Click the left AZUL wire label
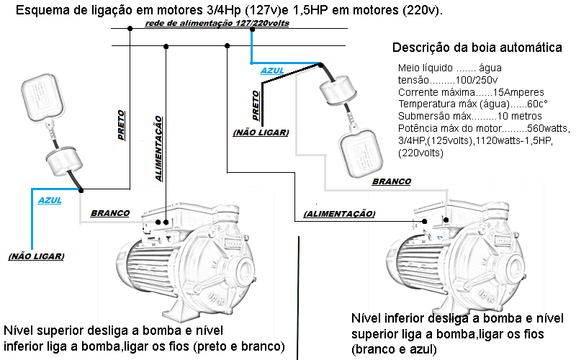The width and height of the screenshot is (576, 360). (x=50, y=201)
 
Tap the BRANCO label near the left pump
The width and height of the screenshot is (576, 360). (x=110, y=213)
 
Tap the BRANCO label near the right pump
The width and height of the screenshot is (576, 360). (x=392, y=182)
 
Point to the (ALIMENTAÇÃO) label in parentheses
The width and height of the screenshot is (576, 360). (x=339, y=213)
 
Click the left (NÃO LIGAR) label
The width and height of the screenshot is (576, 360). (x=36, y=256)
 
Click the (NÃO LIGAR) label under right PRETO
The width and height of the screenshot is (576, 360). (x=261, y=132)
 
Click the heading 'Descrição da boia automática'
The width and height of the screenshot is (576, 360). (x=477, y=48)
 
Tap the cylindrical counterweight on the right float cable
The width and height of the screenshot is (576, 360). (x=338, y=91)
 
